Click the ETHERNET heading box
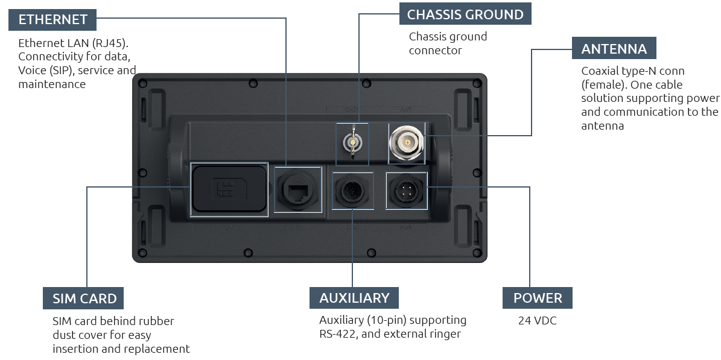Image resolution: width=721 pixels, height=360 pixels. (x=52, y=20)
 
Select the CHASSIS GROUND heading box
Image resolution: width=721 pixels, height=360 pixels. (x=465, y=14)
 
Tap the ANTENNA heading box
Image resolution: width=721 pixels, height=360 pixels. (x=614, y=48)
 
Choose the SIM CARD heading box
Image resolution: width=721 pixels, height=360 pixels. (x=83, y=298)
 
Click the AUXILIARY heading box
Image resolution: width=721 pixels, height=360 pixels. (x=354, y=298)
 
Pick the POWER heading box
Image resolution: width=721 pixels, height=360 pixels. (x=538, y=298)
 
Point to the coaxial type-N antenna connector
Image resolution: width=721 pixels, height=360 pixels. (x=407, y=142)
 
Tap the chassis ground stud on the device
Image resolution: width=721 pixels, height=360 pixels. (x=352, y=144)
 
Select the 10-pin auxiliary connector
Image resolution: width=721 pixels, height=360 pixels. (x=353, y=189)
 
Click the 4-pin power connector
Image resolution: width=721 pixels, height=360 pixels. (x=407, y=190)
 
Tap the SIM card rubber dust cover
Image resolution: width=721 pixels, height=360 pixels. (x=229, y=189)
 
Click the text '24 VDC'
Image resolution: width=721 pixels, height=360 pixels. (x=537, y=320)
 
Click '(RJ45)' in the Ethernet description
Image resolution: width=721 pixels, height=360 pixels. (x=109, y=43)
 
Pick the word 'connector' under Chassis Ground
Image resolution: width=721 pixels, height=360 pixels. (x=436, y=51)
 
